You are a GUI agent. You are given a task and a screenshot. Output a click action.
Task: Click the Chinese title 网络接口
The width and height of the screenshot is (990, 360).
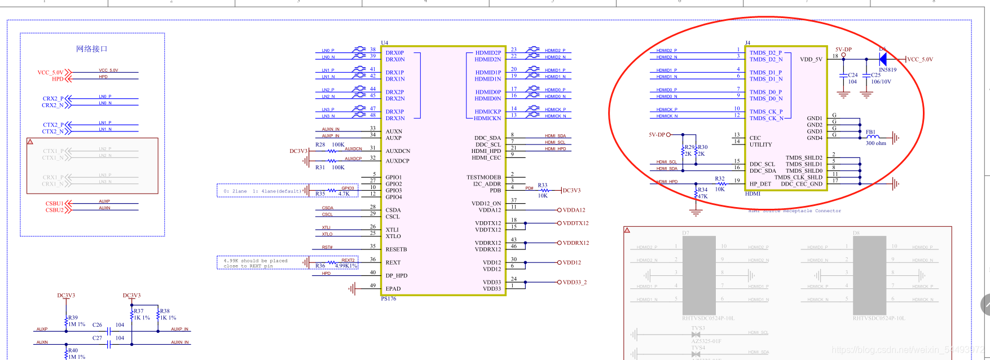[x=91, y=49]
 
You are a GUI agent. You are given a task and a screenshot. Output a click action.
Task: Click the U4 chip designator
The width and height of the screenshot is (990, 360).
[x=384, y=43]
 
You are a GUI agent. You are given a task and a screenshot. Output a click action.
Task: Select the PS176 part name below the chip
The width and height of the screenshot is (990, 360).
[x=388, y=298]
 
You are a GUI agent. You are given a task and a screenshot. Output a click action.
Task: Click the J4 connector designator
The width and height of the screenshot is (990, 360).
[x=747, y=43]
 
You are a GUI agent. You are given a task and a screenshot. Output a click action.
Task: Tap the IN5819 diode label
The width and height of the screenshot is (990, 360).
[x=887, y=70]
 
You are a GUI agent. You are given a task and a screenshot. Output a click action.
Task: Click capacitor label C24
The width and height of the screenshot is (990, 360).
[x=852, y=75]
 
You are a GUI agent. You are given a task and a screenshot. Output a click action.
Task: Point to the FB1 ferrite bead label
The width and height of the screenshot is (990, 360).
[x=870, y=132]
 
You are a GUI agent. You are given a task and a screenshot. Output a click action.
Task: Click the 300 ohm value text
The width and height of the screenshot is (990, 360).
[x=875, y=143]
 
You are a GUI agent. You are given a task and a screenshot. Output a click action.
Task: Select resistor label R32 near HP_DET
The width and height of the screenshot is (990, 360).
[x=720, y=178]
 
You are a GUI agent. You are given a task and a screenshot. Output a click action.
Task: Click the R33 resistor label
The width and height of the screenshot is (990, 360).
[x=542, y=185]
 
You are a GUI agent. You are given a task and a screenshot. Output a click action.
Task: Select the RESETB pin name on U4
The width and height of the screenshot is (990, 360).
[x=396, y=249]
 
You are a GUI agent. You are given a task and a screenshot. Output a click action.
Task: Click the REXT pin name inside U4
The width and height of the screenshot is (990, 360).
[x=393, y=262]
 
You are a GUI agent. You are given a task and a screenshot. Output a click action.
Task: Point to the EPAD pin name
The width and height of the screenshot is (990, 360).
[x=393, y=288]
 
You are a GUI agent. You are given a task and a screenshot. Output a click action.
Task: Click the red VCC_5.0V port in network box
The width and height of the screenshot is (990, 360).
[x=50, y=72]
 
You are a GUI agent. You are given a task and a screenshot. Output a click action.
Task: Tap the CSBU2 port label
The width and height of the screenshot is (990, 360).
[x=54, y=210]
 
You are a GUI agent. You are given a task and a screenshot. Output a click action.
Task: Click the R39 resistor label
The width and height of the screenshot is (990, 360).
[x=73, y=318]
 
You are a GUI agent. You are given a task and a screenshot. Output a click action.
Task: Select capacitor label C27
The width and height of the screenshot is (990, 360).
[x=97, y=338]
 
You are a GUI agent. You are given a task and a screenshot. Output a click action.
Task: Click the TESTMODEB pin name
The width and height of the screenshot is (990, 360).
[x=483, y=177]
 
